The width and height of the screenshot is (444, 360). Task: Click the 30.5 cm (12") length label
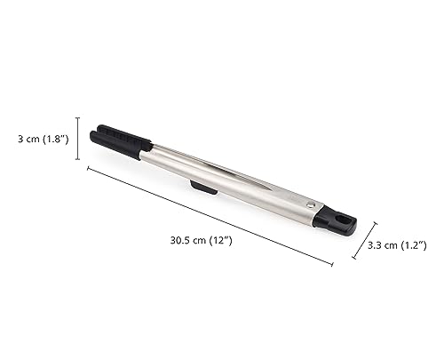coord(201,240)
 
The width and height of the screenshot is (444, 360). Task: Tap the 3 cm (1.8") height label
coord(44,139)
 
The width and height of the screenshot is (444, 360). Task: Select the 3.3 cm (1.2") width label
coord(397,245)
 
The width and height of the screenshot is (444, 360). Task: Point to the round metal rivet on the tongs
coord(309,204)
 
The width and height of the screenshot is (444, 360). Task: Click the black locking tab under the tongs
coord(203,188)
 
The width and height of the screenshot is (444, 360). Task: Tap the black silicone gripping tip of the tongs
coord(120,141)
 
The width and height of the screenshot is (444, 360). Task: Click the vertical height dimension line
coord(78,139)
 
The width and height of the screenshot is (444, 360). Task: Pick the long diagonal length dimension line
coord(210,216)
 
